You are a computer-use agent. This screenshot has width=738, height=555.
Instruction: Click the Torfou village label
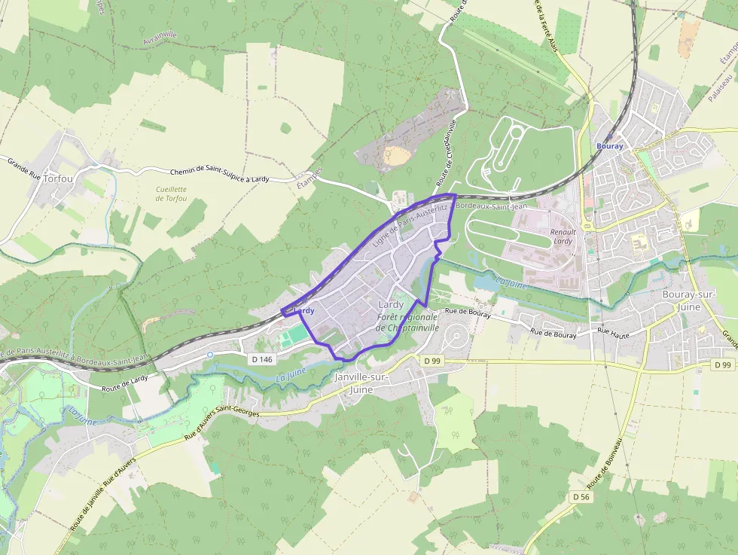[59, 178]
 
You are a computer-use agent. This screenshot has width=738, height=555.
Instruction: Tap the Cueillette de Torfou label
[171, 194]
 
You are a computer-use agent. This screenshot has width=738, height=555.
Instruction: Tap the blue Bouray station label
[609, 146]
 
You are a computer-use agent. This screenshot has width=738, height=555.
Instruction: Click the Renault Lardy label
[563, 236]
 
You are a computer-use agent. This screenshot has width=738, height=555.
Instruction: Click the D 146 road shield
[262, 359]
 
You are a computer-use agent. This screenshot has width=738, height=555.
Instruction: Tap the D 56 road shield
[580, 497]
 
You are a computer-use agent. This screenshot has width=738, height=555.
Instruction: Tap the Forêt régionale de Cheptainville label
[407, 323]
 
